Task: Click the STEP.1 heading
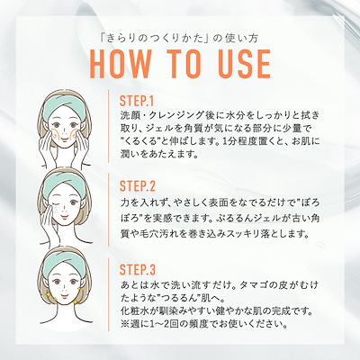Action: click(137, 101)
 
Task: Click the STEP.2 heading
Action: click(138, 186)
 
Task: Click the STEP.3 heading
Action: click(138, 270)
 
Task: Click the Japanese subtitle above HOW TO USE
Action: click(179, 39)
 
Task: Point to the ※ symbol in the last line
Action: click(123, 324)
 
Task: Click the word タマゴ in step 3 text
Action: click(254, 285)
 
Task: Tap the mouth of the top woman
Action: click(64, 138)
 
